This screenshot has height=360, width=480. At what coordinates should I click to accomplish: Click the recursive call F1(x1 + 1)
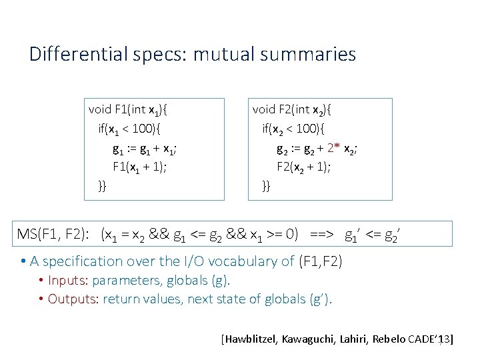[139, 167]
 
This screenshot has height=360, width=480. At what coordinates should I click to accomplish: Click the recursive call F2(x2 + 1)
[304, 167]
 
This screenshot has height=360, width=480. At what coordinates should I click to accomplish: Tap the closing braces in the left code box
[102, 185]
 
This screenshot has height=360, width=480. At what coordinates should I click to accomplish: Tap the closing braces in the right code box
[266, 185]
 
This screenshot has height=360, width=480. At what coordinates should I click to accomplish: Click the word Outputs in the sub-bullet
[71, 299]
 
